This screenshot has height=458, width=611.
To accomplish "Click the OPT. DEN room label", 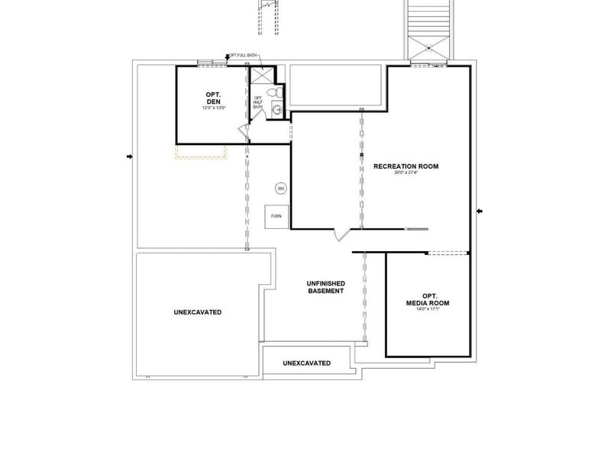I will (x=213, y=98).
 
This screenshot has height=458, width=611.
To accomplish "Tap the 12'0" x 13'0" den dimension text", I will (x=213, y=108).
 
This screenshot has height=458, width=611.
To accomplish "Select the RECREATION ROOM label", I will (x=406, y=166).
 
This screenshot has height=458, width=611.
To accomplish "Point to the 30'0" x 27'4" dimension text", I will (x=406, y=173).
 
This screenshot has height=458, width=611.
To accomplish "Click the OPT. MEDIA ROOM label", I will (x=428, y=299).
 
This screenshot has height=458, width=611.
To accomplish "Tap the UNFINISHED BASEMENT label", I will (x=326, y=287).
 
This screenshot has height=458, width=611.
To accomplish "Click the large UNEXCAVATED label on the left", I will (x=198, y=312).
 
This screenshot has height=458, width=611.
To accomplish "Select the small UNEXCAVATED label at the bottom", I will (x=306, y=363).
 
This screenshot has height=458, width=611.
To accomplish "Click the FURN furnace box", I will (x=276, y=216).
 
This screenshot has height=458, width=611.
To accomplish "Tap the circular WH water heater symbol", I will (x=280, y=188).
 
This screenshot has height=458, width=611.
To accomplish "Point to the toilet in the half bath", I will (x=279, y=92).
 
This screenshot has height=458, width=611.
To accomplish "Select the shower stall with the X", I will (x=261, y=76).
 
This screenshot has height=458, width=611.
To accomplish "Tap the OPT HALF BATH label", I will (x=258, y=102).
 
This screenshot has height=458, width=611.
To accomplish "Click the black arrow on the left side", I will (x=129, y=157).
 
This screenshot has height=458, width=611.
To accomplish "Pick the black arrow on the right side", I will (x=479, y=211).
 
